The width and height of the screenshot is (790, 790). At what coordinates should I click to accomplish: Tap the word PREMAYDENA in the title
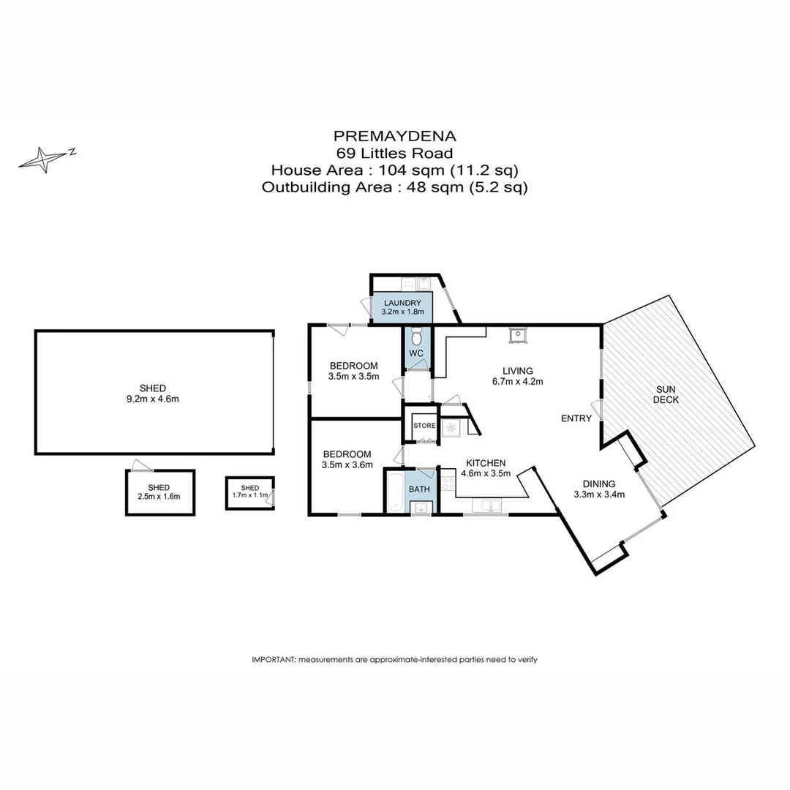click(394, 135)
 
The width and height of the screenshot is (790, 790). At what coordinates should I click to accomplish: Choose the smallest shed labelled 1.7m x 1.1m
click(250, 492)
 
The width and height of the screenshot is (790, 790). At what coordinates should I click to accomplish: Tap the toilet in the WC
click(416, 337)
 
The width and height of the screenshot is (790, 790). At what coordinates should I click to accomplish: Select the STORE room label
click(424, 425)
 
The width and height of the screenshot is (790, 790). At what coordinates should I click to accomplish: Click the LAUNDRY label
click(402, 303)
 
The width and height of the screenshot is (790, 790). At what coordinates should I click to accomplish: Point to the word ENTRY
click(576, 418)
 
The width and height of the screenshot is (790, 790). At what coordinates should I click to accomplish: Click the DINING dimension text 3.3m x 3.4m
click(598, 494)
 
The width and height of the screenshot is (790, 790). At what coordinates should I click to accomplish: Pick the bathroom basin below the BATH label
click(420, 507)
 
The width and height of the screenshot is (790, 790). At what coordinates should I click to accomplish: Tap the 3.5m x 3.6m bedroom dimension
click(347, 464)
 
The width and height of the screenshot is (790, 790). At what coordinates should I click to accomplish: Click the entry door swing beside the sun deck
click(596, 410)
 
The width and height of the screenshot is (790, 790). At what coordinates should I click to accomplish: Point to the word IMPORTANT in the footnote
click(274, 659)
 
